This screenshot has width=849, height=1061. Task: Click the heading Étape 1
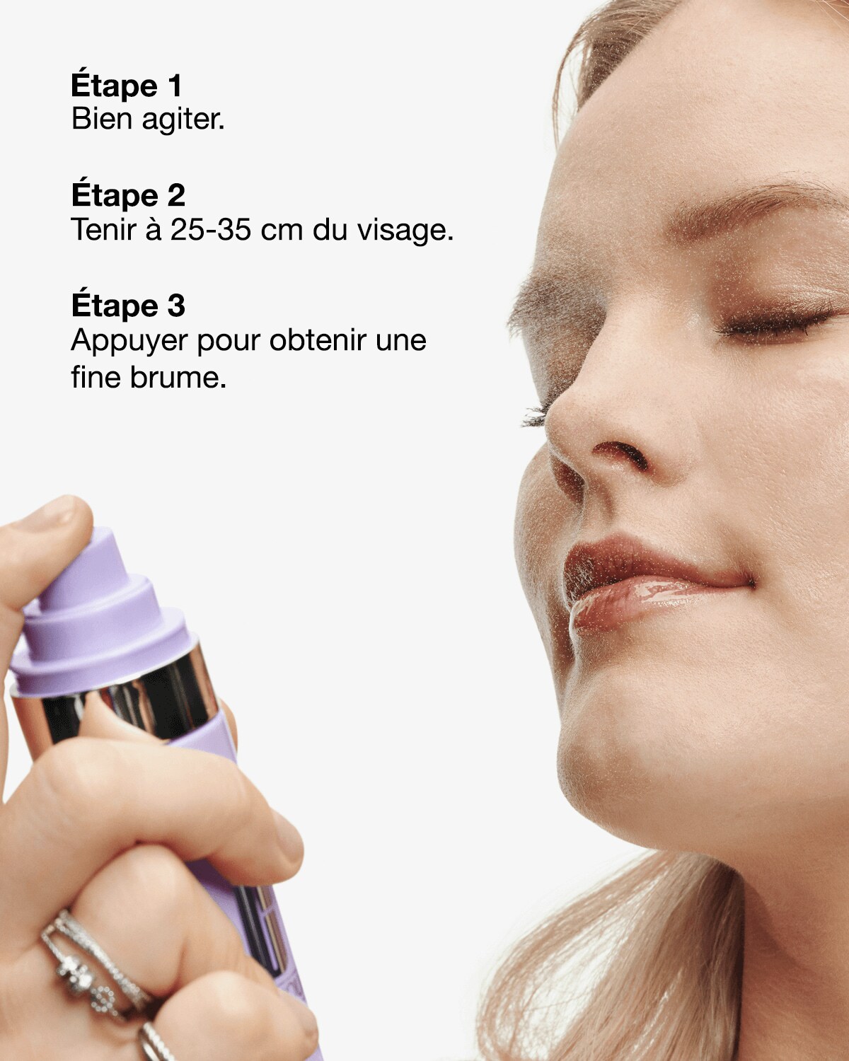tap(127, 85)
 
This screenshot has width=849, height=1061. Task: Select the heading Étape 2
tap(128, 195)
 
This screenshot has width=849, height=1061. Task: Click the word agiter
tap(183, 120)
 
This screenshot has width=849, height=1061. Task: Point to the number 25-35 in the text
tap(211, 229)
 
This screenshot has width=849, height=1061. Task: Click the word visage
tap(405, 231)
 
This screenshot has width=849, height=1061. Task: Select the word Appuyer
tap(129, 341)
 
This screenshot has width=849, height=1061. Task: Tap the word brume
tap(178, 378)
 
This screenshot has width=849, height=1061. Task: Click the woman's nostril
tap(623, 453)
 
